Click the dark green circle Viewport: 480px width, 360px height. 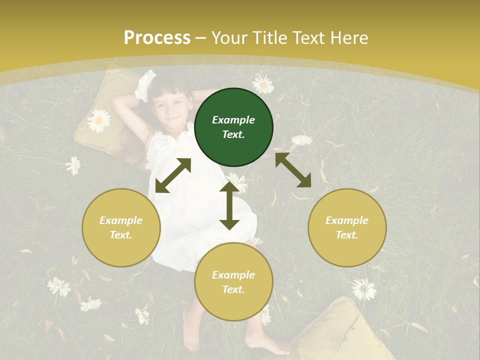(233, 127)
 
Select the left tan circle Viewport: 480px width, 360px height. (121, 227)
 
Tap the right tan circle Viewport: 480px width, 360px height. (347, 227)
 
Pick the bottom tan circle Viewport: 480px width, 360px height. (233, 282)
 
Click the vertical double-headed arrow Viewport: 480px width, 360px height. (229, 205)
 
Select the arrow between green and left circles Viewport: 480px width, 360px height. (173, 175)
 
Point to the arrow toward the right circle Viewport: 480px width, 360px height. (293, 170)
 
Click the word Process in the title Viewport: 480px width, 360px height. (157, 38)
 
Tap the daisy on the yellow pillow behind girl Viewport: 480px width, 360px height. (98, 120)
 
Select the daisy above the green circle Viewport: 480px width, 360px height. (263, 84)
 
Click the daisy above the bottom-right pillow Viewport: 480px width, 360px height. (363, 289)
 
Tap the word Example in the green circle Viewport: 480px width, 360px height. (233, 120)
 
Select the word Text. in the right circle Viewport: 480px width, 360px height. (347, 235)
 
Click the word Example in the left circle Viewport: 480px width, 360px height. (121, 220)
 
